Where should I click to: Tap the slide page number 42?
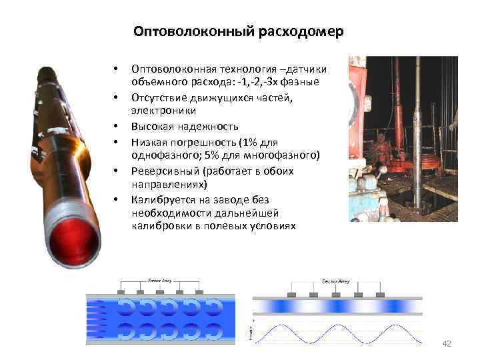click(x=447, y=343)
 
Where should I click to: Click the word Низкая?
click(x=150, y=142)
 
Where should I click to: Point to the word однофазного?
click(x=163, y=155)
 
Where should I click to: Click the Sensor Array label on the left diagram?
click(x=160, y=281)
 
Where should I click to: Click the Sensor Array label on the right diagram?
click(x=335, y=281)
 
